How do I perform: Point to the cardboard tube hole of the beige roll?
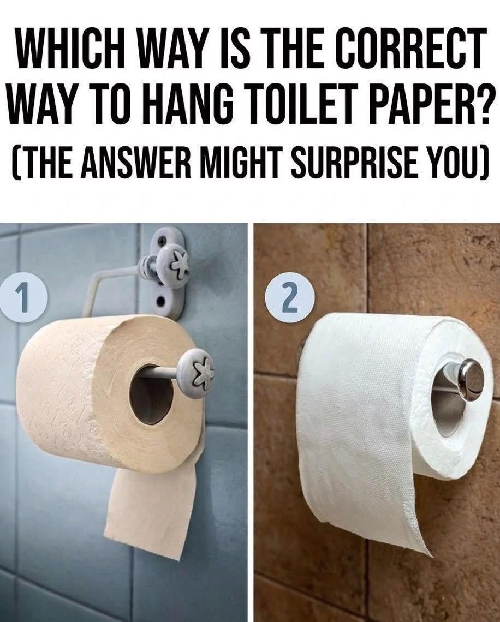151,393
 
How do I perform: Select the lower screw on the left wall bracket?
161,301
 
